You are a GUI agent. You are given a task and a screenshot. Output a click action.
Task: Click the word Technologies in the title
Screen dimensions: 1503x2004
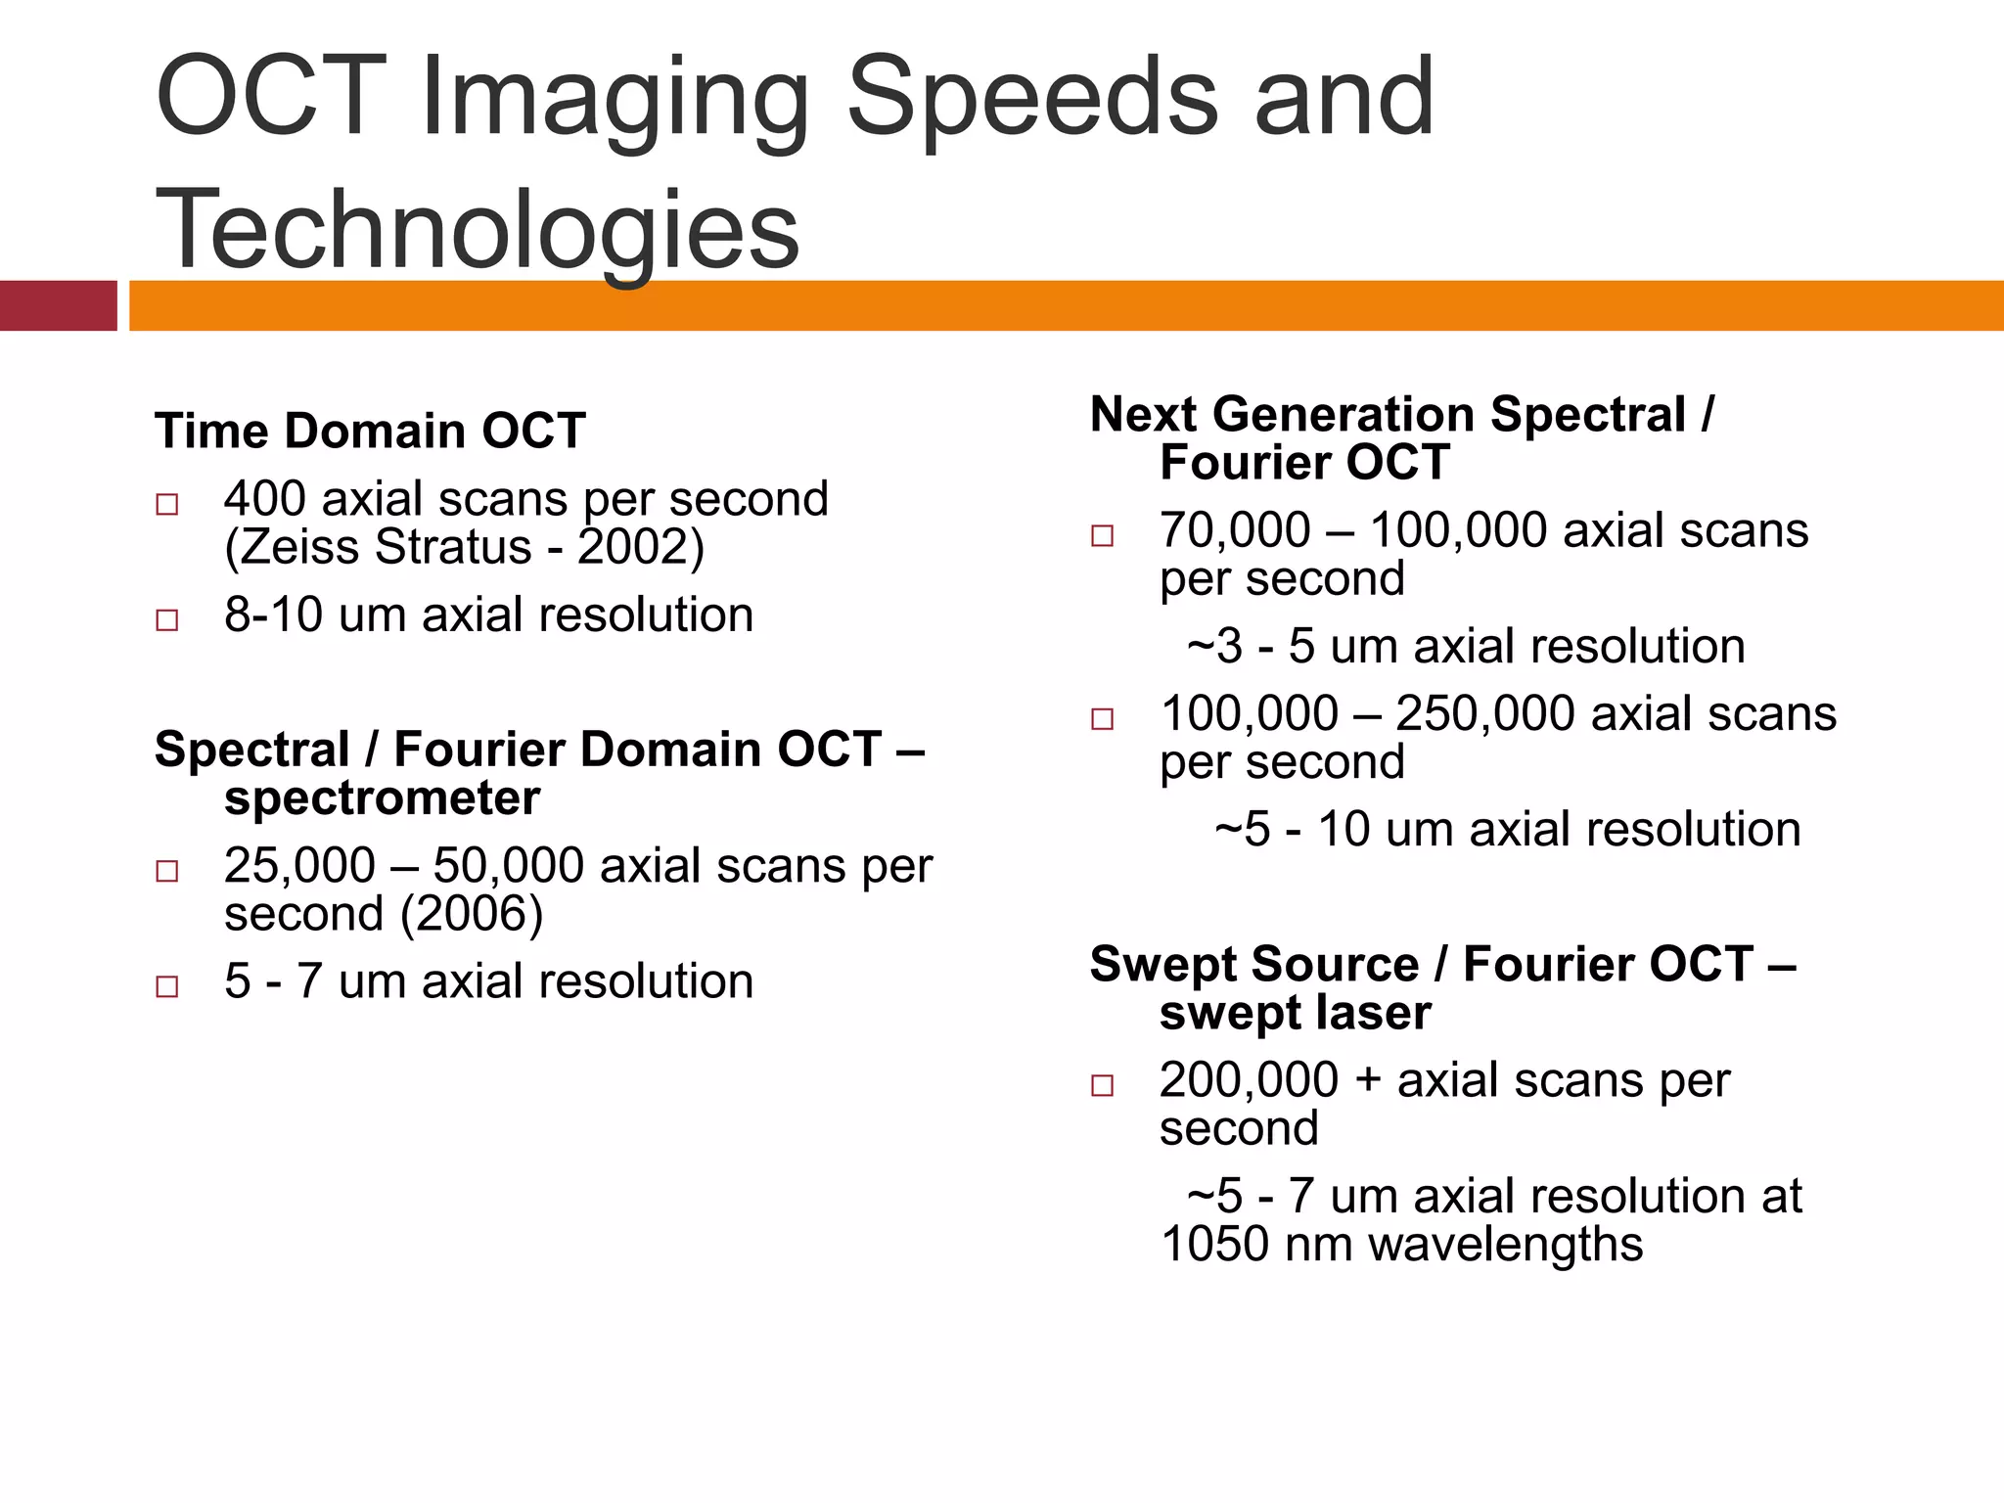tap(478, 230)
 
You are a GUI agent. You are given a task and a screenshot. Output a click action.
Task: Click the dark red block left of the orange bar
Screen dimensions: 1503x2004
tap(58, 305)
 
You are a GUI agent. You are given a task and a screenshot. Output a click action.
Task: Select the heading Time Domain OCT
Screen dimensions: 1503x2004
tap(370, 431)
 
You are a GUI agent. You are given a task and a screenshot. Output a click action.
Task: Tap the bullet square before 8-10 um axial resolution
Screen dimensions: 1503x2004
tap(167, 619)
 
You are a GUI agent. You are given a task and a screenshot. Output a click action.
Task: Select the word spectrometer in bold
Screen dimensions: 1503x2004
tap(382, 797)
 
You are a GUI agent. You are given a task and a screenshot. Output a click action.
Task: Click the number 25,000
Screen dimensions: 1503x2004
tap(299, 866)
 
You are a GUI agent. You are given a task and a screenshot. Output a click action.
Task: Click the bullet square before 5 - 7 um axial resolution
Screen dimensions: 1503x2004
tap(167, 985)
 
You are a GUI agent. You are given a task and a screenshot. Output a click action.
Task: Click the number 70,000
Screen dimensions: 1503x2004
tap(1234, 530)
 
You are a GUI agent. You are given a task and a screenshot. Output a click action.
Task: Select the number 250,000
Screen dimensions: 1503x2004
tap(1484, 713)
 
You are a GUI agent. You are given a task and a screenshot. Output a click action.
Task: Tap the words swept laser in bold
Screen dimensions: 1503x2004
tap(1295, 1013)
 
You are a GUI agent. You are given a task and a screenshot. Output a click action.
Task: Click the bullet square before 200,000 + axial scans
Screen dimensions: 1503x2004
tap(1103, 1084)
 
